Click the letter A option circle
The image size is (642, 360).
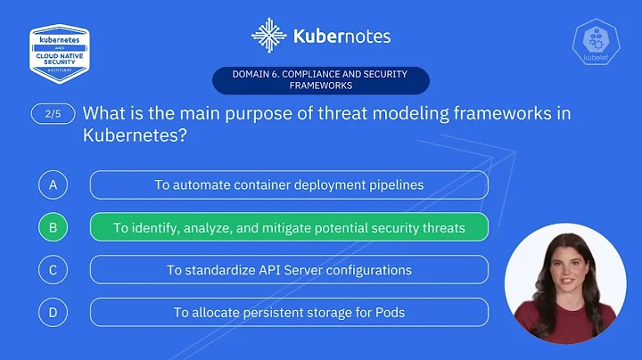coord(53,184)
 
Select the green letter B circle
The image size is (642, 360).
coord(53,227)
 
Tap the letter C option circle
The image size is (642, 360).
coord(53,269)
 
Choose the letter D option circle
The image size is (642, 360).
coord(53,312)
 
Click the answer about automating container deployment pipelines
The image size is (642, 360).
coord(289,184)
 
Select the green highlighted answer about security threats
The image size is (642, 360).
coord(289,227)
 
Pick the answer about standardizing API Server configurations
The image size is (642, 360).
coord(289,269)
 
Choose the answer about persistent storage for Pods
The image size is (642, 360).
coord(289,312)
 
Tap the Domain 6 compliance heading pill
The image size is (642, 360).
coord(320,80)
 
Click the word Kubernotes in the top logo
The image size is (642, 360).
coord(342,37)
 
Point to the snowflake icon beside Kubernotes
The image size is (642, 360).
coord(268,37)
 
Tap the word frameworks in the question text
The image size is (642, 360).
coord(496,114)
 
